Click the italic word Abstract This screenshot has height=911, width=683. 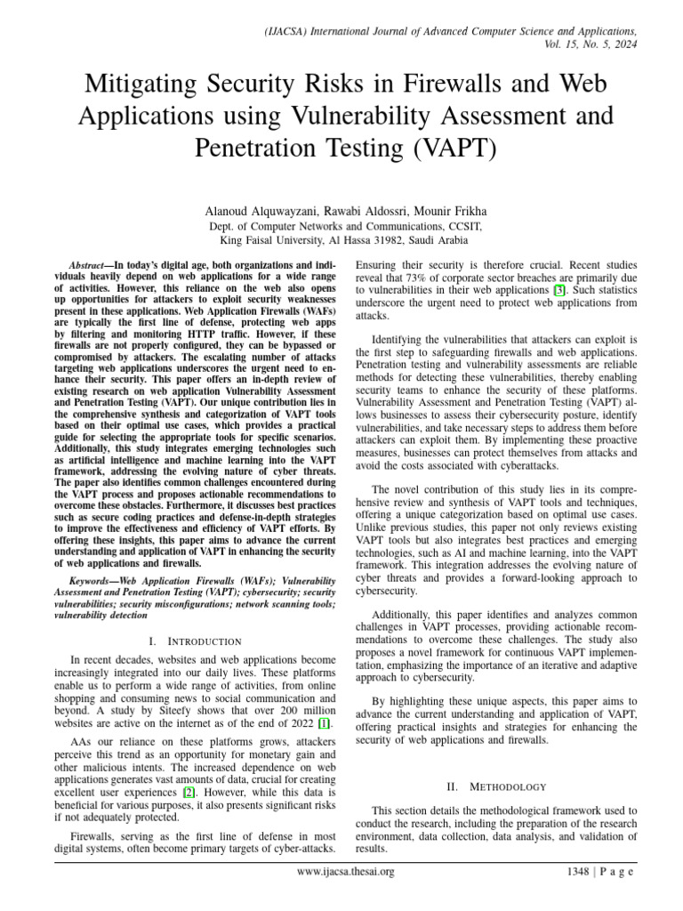point(88,266)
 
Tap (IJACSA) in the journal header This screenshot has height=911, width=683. point(293,31)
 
